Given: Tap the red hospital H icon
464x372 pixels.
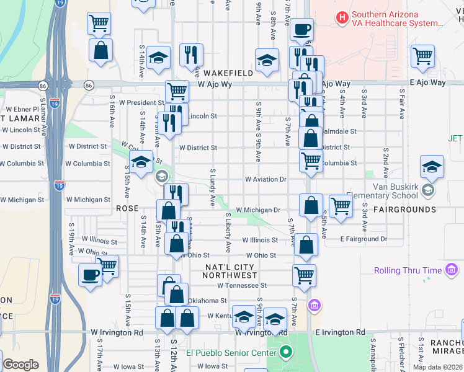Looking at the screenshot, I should click(x=341, y=17).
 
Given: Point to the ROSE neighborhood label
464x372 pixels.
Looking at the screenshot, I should click(x=127, y=209).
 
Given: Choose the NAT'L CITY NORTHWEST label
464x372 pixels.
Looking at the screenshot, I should click(x=230, y=271).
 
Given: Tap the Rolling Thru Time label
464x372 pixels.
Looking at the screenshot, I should click(x=408, y=270).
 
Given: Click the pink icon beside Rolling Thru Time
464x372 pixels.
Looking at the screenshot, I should click(x=452, y=270).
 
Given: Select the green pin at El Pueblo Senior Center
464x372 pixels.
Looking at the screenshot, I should click(x=285, y=354).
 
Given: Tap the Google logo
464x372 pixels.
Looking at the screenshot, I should click(x=20, y=365).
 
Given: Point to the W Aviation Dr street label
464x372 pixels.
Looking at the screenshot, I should click(x=265, y=179).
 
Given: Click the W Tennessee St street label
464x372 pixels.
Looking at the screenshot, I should click(x=242, y=285).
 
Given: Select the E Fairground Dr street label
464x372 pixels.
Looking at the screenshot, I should click(x=363, y=239).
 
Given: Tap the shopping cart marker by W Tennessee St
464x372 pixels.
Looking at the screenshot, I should click(x=304, y=275).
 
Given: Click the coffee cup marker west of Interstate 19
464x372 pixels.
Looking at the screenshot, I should click(x=90, y=275).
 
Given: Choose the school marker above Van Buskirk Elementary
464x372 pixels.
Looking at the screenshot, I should click(x=432, y=167).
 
